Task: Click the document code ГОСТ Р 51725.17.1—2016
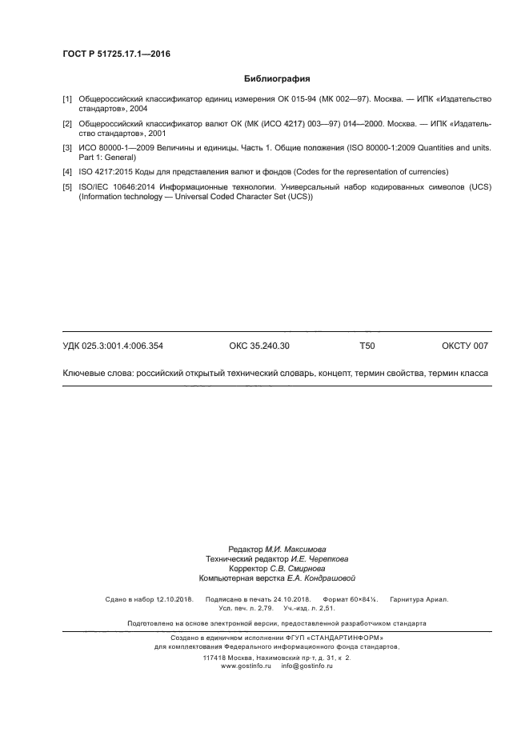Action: pos(116,54)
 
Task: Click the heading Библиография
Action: pos(276,79)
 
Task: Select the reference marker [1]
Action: pos(67,98)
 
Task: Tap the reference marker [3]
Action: pos(67,148)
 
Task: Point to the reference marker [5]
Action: pos(67,186)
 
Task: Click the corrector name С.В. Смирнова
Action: pos(302,569)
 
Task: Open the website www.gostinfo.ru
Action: pos(247,666)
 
